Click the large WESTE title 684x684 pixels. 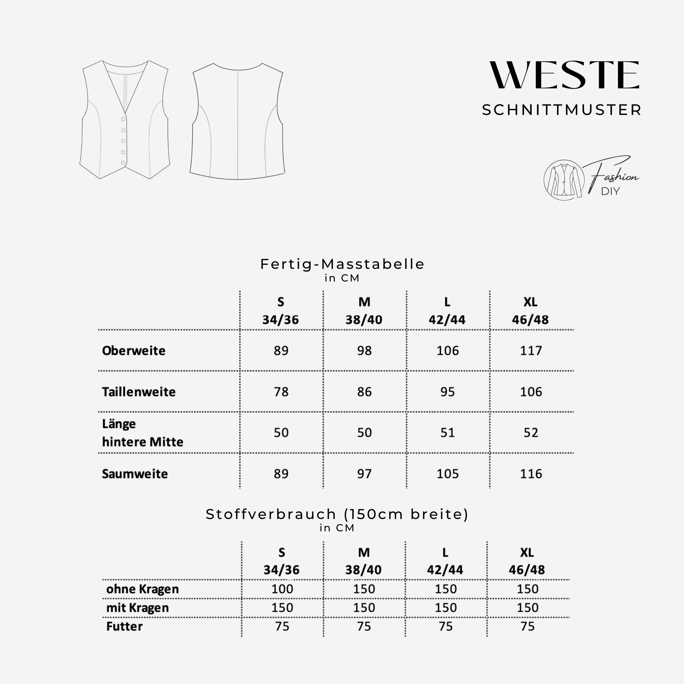pyautogui.click(x=564, y=75)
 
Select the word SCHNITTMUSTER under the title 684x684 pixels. pyautogui.click(x=561, y=110)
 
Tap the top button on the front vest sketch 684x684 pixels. pyautogui.click(x=123, y=119)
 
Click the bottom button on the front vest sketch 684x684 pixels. pyautogui.click(x=123, y=163)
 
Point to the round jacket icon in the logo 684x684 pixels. pyautogui.click(x=564, y=180)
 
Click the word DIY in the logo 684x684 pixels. pyautogui.click(x=610, y=192)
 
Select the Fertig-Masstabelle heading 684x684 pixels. pyautogui.click(x=342, y=264)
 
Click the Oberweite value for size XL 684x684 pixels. pyautogui.click(x=531, y=351)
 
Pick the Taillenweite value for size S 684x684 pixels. pyautogui.click(x=281, y=392)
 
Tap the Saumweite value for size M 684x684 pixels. pyautogui.click(x=364, y=474)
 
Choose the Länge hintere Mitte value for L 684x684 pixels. pyautogui.click(x=447, y=433)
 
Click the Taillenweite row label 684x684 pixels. pyautogui.click(x=139, y=392)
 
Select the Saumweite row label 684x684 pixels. pyautogui.click(x=135, y=474)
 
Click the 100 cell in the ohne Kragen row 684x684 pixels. pyautogui.click(x=282, y=589)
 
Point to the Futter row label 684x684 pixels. pyautogui.click(x=124, y=626)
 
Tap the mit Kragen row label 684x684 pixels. pyautogui.click(x=137, y=608)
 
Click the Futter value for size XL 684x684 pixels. pyautogui.click(x=527, y=626)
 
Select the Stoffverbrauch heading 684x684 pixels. pyautogui.click(x=337, y=514)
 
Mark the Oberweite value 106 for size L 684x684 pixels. pyautogui.click(x=447, y=351)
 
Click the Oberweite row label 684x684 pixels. pyautogui.click(x=134, y=351)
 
